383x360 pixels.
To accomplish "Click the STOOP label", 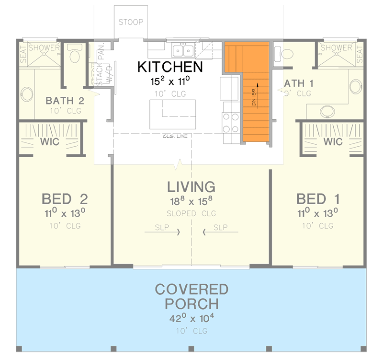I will click(131, 22).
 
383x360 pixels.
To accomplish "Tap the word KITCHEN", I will click(170, 67).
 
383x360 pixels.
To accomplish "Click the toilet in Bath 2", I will click(75, 56).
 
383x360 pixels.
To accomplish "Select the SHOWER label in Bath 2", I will click(44, 47).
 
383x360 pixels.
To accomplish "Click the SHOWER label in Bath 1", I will click(336, 47).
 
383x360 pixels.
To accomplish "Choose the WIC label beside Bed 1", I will click(333, 142).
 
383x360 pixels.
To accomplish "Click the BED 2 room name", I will click(64, 198).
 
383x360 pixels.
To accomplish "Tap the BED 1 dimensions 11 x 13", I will click(318, 212).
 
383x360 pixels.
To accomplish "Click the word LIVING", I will click(191, 186).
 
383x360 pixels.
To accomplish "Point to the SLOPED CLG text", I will click(191, 213).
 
